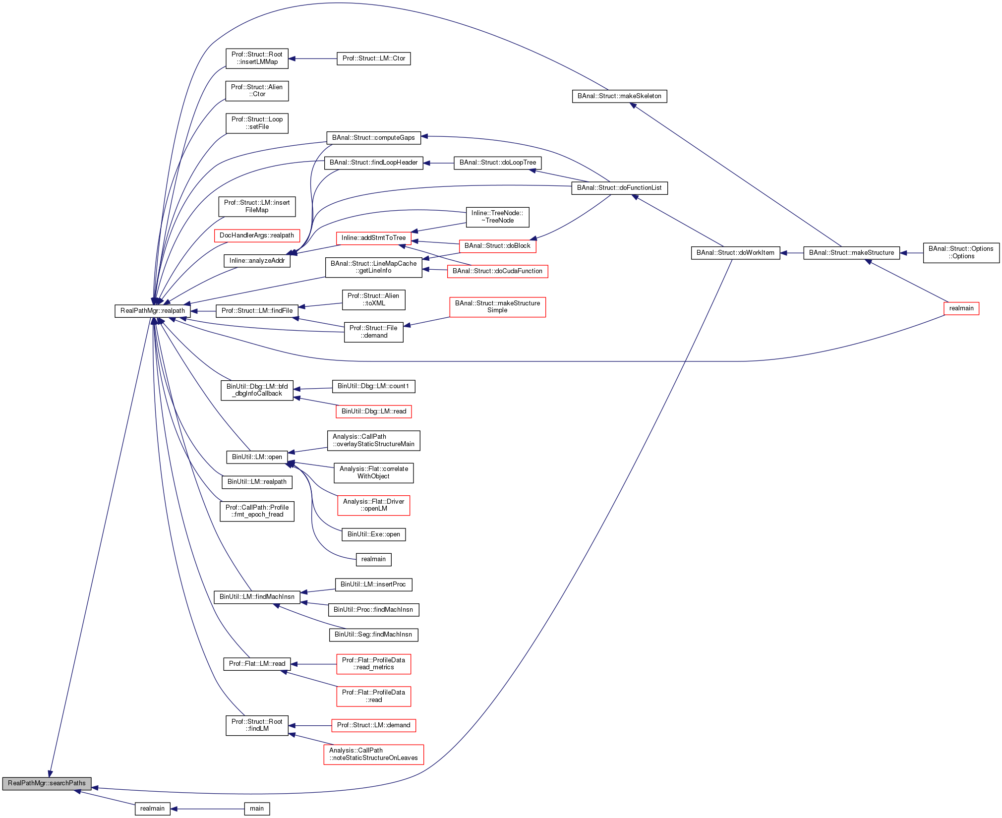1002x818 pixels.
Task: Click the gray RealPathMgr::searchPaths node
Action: coord(47,783)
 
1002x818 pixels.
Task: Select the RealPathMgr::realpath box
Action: coord(153,311)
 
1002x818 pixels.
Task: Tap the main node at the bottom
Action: coord(257,809)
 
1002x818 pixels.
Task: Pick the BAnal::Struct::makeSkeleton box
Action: coord(619,96)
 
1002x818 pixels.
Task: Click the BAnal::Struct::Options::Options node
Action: coord(961,253)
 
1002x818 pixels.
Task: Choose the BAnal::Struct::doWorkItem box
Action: coord(735,253)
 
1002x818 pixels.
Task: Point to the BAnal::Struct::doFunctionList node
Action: coord(619,188)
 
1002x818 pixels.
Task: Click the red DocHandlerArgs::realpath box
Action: coord(257,235)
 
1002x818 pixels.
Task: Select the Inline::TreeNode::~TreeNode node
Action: coord(497,217)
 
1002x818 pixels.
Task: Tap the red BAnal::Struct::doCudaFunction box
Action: coord(497,271)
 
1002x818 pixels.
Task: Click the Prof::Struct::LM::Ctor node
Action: coord(373,58)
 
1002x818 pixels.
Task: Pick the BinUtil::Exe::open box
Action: coord(373,534)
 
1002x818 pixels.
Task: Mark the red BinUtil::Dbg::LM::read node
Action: coord(373,411)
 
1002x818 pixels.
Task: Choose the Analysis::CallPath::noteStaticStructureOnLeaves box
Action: coord(373,754)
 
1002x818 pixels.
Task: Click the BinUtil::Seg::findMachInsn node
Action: coord(373,635)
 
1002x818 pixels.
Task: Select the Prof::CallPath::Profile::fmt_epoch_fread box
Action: coord(257,511)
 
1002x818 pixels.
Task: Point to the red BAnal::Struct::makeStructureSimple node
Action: coord(497,307)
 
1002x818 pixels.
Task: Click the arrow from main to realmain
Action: coord(208,809)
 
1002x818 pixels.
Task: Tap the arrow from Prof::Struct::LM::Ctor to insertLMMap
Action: coord(312,58)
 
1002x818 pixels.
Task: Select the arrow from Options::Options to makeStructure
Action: coord(911,253)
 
